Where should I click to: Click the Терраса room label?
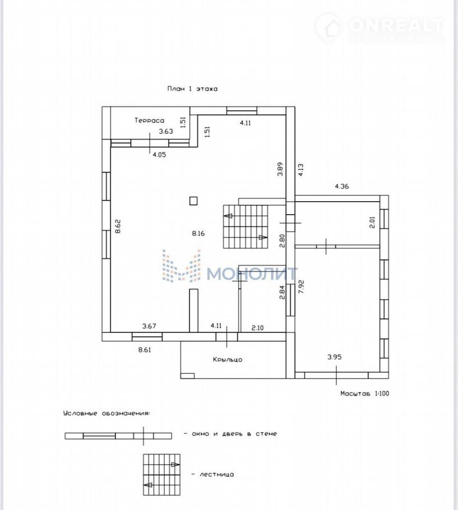[150, 120]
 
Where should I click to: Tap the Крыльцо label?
[228, 359]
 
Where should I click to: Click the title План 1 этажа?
[192, 89]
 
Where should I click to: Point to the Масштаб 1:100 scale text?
[364, 393]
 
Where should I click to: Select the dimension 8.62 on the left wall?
[118, 226]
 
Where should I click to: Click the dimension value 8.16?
[198, 233]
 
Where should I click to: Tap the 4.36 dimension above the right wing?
[341, 187]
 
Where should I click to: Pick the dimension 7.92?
[301, 286]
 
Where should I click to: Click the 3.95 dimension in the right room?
[335, 357]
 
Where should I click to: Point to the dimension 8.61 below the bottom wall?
[145, 350]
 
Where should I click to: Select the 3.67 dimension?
[149, 326]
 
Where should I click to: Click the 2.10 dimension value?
[257, 328]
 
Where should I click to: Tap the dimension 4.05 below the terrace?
[159, 155]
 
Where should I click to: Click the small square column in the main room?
[193, 201]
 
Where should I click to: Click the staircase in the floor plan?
[246, 227]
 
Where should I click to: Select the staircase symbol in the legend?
[161, 475]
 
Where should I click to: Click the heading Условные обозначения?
[107, 414]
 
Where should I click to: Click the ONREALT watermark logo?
[380, 28]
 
